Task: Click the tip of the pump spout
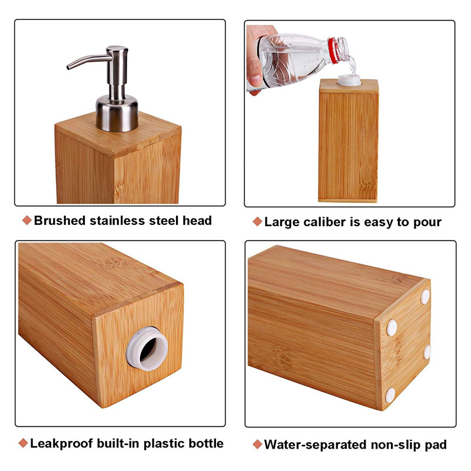(x=68, y=67)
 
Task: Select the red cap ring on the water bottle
(x=333, y=50)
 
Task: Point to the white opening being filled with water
(x=349, y=80)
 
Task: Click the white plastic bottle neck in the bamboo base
(x=147, y=349)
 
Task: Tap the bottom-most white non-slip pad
(x=390, y=395)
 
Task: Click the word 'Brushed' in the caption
(x=60, y=221)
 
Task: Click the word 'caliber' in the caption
(x=324, y=223)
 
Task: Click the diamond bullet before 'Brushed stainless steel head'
(x=26, y=220)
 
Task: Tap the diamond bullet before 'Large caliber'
(x=257, y=222)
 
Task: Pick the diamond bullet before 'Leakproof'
(x=23, y=443)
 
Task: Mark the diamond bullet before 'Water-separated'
(x=257, y=445)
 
